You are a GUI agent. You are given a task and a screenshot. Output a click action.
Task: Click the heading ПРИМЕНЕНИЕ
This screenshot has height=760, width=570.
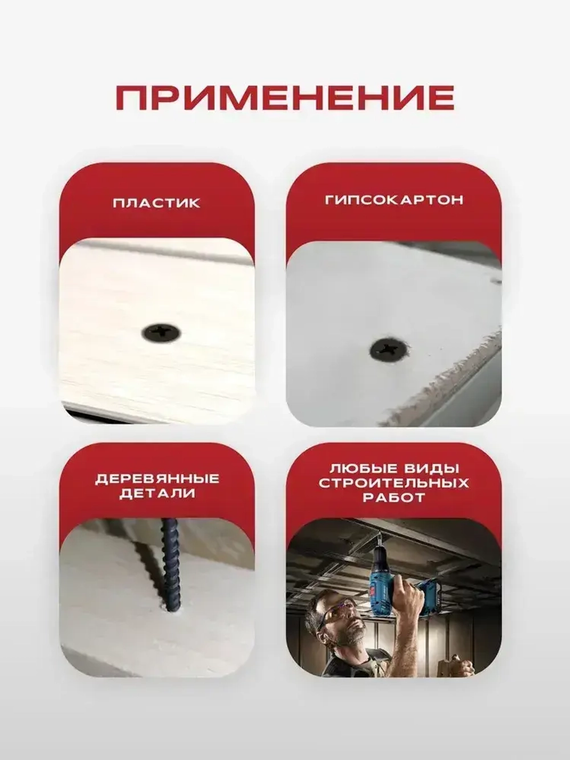point(285,97)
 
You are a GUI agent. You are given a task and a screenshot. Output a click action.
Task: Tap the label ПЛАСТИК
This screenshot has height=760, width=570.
point(156,203)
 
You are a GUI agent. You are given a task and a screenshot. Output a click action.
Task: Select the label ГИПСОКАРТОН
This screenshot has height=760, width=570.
point(394,200)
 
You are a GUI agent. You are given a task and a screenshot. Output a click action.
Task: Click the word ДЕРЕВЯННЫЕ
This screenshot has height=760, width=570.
point(157,479)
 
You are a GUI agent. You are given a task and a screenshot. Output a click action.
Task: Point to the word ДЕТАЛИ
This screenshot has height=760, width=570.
point(157,494)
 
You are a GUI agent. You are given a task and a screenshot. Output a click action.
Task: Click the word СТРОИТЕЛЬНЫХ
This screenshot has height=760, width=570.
point(394,483)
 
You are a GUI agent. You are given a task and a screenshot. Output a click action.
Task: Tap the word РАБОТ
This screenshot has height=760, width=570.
point(394,498)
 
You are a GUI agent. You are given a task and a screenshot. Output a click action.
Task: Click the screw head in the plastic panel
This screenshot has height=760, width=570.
point(162,331)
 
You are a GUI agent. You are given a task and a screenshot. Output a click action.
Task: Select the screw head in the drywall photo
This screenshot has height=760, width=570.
point(389,349)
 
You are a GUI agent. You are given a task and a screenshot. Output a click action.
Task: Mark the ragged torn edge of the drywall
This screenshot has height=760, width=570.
point(445,382)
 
